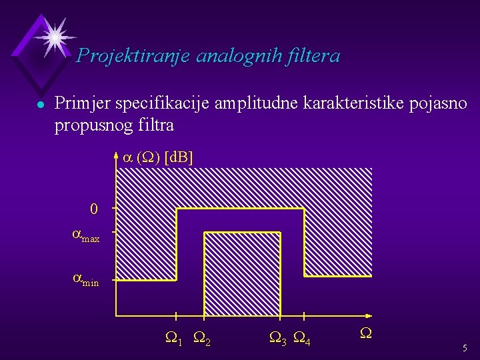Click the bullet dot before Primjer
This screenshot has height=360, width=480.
(x=41, y=105)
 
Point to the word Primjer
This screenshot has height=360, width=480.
(x=82, y=103)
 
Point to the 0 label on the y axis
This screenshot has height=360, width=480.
(x=94, y=209)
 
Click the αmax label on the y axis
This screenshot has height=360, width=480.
(x=86, y=235)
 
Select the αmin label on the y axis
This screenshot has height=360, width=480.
(x=85, y=280)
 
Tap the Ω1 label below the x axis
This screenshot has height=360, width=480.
(x=174, y=341)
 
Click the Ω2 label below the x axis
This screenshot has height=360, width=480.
(x=202, y=341)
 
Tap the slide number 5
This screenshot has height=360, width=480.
(x=465, y=348)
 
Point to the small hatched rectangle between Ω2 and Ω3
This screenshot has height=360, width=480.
(x=241, y=273)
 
